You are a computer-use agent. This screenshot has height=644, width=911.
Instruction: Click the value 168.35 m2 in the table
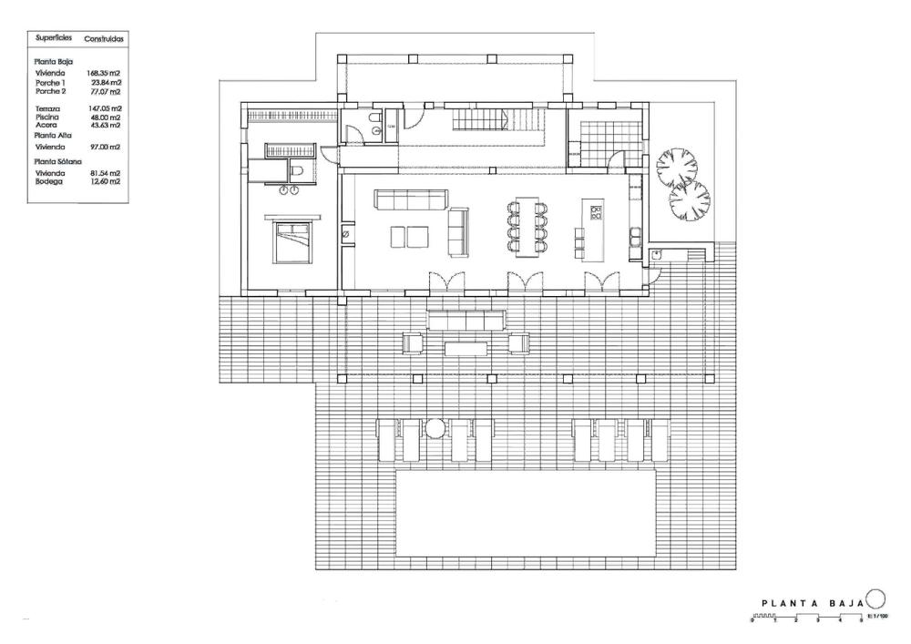(x=104, y=74)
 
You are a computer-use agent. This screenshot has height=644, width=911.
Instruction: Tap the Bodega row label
(x=49, y=180)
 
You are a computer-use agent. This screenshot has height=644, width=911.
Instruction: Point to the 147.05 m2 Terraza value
(x=105, y=108)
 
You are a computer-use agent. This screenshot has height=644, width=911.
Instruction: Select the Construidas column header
(x=104, y=39)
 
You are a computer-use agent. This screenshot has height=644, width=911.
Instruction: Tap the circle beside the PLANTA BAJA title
(x=875, y=598)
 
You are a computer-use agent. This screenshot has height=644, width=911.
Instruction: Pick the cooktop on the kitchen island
(x=597, y=213)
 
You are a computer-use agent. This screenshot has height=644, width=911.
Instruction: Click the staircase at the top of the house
(x=480, y=118)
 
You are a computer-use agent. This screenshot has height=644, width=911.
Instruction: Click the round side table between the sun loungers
(x=435, y=426)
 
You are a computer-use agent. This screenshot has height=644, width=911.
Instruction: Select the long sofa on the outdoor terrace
(x=466, y=319)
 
